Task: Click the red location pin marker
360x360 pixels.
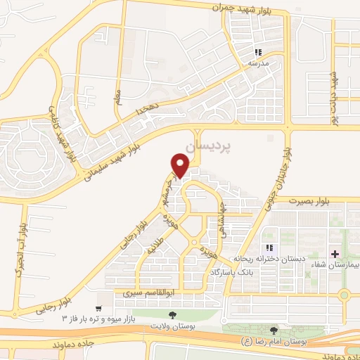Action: [180, 165]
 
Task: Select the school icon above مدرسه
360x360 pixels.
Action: [258, 52]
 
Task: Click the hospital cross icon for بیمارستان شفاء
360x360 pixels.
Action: [335, 253]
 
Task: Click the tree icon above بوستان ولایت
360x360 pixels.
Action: [173, 315]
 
